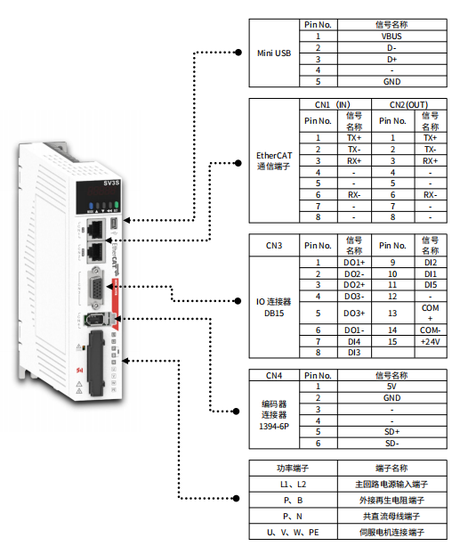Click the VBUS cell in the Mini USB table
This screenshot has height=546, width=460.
click(391, 37)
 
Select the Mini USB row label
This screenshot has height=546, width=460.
click(274, 53)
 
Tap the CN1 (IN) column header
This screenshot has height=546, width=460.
click(332, 104)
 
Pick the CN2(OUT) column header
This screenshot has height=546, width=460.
click(408, 104)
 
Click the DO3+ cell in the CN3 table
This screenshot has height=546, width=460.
click(354, 314)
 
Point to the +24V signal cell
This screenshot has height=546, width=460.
click(430, 342)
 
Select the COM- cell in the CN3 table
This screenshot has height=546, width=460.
click(430, 330)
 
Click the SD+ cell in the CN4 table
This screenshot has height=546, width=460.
click(391, 432)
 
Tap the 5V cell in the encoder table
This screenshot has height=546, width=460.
click(391, 387)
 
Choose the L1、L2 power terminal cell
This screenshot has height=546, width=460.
click(293, 485)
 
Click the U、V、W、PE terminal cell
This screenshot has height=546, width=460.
click(293, 533)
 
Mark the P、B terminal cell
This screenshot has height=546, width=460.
click(293, 501)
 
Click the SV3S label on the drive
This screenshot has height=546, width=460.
click(111, 183)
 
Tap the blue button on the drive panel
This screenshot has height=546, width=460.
click(91, 206)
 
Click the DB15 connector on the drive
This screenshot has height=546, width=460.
click(96, 288)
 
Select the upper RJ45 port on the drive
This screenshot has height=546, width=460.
click(96, 228)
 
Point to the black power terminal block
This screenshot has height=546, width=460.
click(96, 363)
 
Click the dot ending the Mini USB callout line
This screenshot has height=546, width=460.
click(238, 53)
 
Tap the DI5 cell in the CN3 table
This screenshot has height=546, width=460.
click(430, 285)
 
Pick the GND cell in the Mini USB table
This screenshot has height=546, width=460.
click(391, 81)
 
